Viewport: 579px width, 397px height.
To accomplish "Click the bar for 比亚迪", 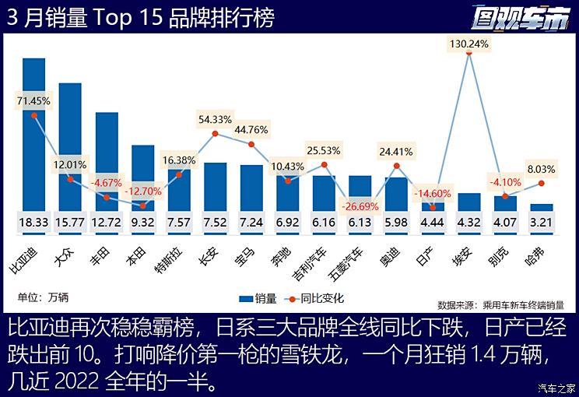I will click(x=34, y=132).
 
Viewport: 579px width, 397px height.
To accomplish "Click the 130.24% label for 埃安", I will click(x=468, y=44).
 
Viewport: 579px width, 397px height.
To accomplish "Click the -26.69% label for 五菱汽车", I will click(x=359, y=207).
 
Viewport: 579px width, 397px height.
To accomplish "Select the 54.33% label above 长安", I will click(x=215, y=119).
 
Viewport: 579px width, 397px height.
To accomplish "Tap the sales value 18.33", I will click(x=34, y=223).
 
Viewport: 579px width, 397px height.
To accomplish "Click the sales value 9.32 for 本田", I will click(x=142, y=223).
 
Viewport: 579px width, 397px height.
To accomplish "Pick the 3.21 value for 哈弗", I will click(x=541, y=223).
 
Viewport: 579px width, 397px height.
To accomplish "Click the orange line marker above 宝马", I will click(x=251, y=144).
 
